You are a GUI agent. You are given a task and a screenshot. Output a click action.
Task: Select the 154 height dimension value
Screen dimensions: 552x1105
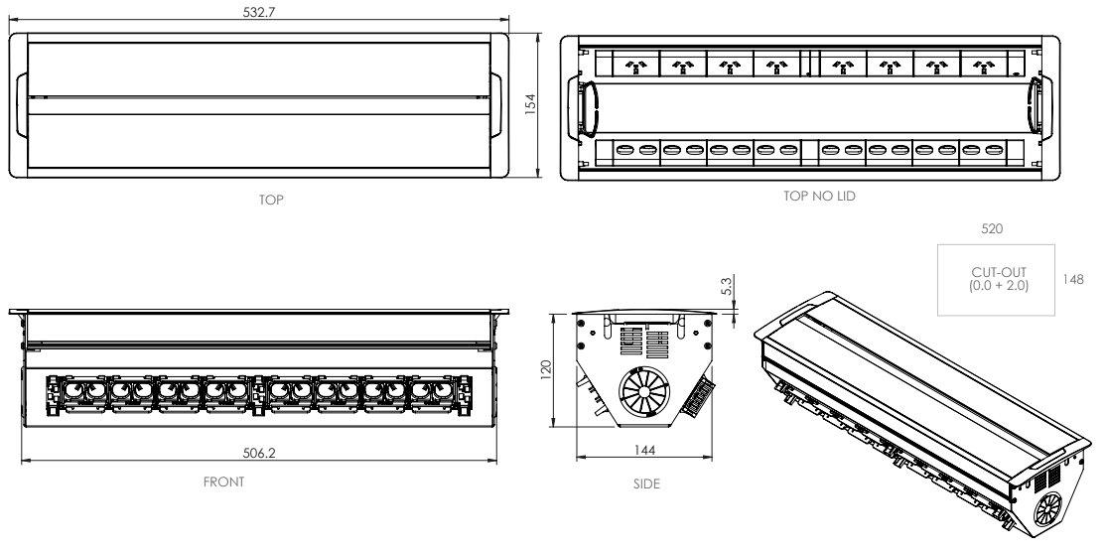coord(530,104)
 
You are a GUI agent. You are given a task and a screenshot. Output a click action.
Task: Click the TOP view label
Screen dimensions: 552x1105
coord(270,200)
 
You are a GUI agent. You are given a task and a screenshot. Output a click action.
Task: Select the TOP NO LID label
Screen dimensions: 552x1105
coord(819,197)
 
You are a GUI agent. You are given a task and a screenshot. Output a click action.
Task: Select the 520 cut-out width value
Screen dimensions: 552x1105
coord(992,228)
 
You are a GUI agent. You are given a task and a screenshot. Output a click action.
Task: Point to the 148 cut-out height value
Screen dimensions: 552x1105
coord(1072,280)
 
